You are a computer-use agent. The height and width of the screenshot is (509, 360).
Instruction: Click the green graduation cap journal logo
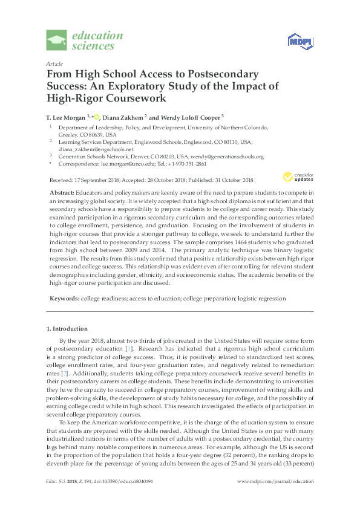pos(57,41)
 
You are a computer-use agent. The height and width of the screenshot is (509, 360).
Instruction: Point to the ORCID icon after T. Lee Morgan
pos(96,115)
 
